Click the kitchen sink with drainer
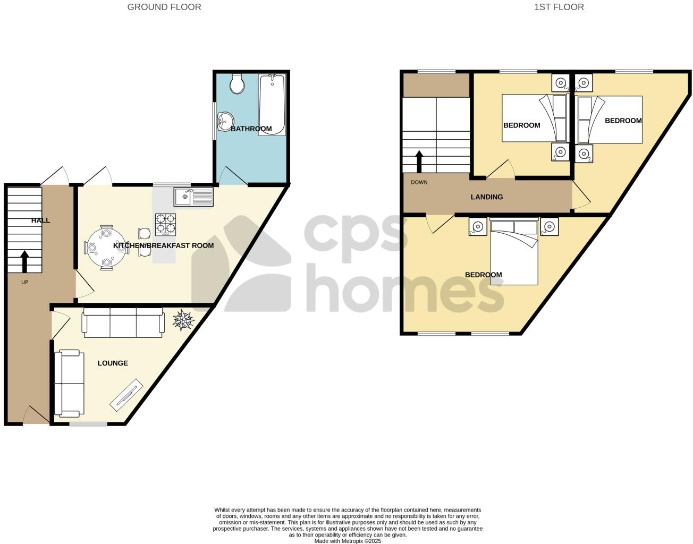click(193, 197)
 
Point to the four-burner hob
click(165, 224)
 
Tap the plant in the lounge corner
click(184, 320)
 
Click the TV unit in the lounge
click(126, 394)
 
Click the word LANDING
click(487, 197)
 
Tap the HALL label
click(40, 220)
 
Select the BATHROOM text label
click(251, 129)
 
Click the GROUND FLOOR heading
click(164, 7)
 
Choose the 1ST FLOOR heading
click(559, 7)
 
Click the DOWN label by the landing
click(419, 182)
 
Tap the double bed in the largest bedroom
click(514, 252)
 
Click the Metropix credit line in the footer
click(348, 541)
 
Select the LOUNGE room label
click(113, 363)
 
